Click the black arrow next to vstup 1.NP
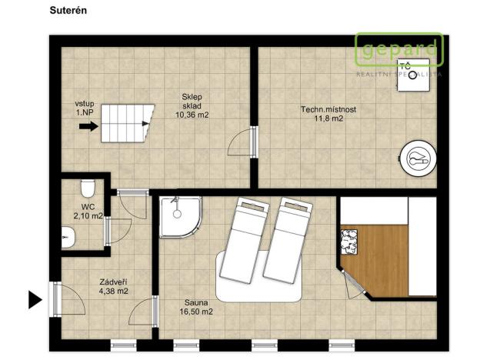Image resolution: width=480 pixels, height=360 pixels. [88, 126]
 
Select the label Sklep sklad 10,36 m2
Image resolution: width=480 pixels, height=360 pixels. [192, 106]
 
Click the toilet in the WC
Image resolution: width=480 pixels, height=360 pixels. [88, 188]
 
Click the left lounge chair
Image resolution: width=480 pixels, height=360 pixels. [240, 240]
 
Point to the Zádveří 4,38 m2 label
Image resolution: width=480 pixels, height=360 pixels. [102, 286]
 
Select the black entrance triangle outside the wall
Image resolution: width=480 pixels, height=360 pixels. [35, 298]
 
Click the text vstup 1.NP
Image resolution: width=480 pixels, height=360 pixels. [85, 108]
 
